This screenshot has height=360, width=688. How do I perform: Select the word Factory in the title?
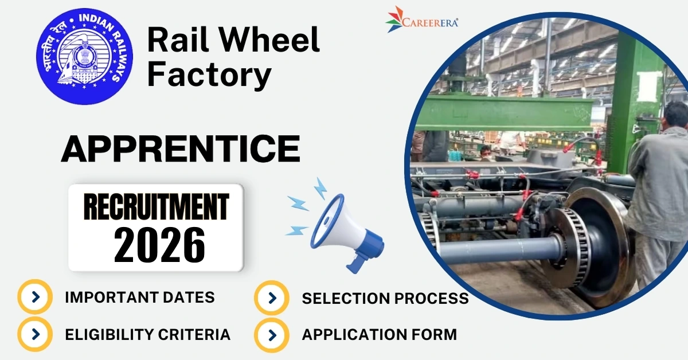(209, 76)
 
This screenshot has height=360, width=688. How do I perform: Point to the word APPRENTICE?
(180, 148)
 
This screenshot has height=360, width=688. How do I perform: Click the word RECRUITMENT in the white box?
(157, 208)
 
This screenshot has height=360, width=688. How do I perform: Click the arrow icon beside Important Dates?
(36, 297)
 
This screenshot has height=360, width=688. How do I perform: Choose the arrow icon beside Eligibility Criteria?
(36, 334)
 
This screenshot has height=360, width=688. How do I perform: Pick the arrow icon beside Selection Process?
(272, 298)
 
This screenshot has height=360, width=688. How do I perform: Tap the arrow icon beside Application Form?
(272, 334)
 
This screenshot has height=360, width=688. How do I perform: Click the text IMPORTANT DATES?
(140, 298)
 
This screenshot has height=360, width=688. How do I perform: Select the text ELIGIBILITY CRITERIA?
(147, 334)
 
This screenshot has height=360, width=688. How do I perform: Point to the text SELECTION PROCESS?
(385, 298)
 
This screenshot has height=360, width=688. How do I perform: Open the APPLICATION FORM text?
(379, 334)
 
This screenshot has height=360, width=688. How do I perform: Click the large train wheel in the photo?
(596, 241)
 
